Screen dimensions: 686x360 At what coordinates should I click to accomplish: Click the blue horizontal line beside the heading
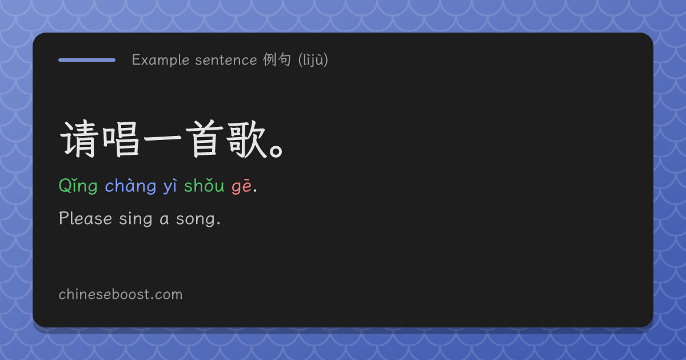tap(87, 60)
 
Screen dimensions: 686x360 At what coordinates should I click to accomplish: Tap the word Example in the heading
tap(161, 60)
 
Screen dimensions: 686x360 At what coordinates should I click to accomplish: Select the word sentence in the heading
tap(226, 60)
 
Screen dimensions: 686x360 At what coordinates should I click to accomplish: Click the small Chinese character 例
tap(269, 59)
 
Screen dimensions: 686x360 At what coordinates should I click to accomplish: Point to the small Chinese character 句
tap(284, 59)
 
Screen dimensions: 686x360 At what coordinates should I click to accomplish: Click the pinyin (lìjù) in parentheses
tap(313, 59)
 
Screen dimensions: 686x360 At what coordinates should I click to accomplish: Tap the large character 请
tap(79, 139)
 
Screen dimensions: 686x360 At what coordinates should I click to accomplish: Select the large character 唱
tap(121, 139)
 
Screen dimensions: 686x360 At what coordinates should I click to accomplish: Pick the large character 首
tap(205, 139)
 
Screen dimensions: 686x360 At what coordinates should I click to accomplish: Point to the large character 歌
tap(246, 139)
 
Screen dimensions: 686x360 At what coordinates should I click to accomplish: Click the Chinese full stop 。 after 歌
tap(276, 151)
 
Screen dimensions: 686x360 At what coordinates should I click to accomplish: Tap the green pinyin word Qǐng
tap(78, 186)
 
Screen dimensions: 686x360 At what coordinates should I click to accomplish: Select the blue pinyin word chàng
tap(130, 186)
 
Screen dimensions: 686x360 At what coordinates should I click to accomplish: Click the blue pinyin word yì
tap(170, 186)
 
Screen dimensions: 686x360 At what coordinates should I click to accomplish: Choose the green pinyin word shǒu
tap(204, 186)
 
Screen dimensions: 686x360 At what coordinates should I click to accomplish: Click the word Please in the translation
tap(85, 218)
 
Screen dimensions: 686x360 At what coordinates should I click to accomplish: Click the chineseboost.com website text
tap(121, 294)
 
